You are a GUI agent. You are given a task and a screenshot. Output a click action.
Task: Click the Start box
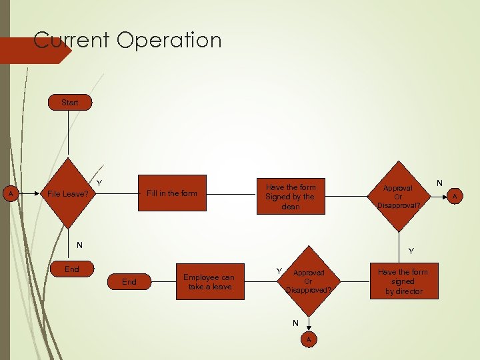point(70,103)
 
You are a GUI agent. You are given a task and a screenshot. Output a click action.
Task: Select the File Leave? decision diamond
point(69,194)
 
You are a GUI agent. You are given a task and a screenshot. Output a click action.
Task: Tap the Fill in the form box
point(172,193)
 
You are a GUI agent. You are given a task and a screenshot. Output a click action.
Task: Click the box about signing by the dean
point(290,197)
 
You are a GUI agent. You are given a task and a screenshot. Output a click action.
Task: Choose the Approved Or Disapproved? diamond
point(309,281)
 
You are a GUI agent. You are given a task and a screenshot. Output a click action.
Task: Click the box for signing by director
point(403,281)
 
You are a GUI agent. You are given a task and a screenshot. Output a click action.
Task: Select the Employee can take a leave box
point(209,281)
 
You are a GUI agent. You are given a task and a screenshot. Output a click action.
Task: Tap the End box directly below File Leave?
point(71,270)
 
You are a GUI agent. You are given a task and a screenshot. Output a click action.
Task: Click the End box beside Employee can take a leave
point(129,282)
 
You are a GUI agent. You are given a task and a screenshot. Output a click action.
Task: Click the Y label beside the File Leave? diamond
point(99,183)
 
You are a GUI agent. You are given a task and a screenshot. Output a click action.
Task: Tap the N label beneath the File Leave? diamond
point(79,245)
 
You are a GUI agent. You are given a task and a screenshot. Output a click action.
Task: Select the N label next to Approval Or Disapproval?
point(439,182)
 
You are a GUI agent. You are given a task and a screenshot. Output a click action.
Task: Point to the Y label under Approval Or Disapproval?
point(411,251)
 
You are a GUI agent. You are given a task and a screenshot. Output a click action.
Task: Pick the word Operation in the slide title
point(169,40)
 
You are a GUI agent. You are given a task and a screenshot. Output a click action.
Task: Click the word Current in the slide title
point(72,40)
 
